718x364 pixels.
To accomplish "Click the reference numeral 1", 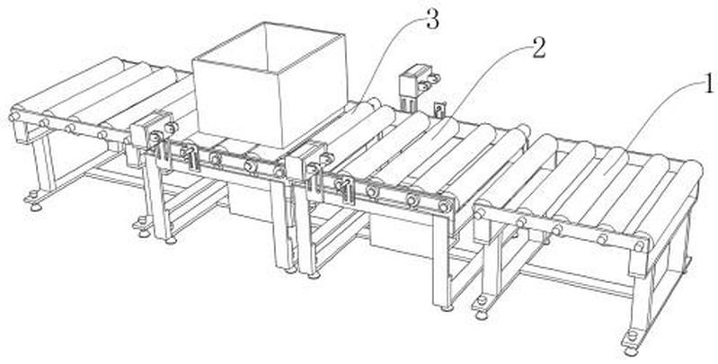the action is [708, 84].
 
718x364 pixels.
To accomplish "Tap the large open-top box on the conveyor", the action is [270, 84].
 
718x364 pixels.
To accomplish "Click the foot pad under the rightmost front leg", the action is [631, 350].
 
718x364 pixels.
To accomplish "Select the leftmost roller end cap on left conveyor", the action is [13, 117].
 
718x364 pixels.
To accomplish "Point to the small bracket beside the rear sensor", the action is [439, 109].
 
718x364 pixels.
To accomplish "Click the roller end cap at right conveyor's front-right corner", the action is [638, 246].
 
